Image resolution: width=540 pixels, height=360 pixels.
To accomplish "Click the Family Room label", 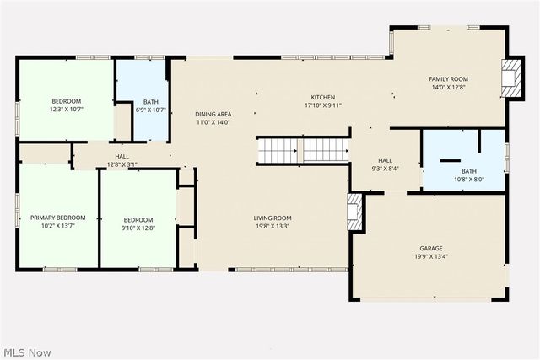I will coord(449,78).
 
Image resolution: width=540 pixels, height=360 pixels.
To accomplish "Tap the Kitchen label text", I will coord(323,97).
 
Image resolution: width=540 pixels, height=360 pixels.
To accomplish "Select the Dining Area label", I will coord(213,115).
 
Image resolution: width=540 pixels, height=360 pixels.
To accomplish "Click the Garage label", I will coord(430,249).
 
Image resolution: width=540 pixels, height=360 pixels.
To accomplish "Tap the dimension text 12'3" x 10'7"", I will coord(66,110).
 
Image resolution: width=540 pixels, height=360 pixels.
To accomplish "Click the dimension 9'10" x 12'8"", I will coord(138,227).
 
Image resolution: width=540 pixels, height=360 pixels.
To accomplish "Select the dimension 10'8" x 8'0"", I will coord(468,180).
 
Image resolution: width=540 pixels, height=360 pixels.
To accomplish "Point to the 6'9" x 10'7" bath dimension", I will coord(150,110).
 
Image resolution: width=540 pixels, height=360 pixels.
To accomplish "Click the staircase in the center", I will coord(303,151).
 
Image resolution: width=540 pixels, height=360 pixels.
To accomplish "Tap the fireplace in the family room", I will coord(510,76).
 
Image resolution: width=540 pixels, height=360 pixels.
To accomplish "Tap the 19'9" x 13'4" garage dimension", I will coord(430,257).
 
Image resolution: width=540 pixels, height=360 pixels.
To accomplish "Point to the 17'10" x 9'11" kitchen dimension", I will coord(323,105).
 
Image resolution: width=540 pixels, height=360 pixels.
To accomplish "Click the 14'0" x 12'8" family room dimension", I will coord(449,87).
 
